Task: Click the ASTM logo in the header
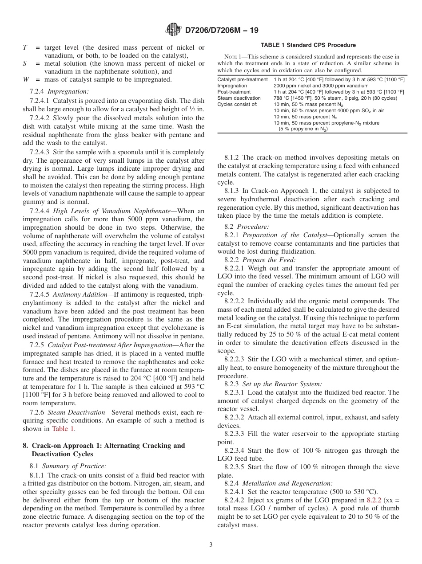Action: click(x=173, y=30)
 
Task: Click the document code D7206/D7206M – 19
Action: click(x=221, y=30)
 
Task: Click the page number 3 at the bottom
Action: click(x=211, y=545)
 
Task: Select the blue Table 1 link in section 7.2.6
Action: click(x=64, y=429)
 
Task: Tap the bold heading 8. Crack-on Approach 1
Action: click(x=104, y=446)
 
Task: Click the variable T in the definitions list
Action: click(x=25, y=47)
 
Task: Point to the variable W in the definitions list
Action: click(x=25, y=79)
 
